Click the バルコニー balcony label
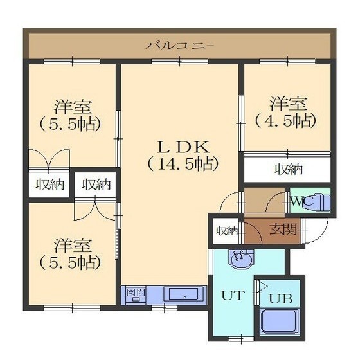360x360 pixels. point(180,46)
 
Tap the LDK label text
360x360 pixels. point(183,147)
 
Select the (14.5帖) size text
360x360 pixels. point(183,163)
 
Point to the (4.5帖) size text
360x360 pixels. point(286,120)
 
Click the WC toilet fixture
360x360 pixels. point(318,202)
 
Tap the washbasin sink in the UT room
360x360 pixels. point(241,260)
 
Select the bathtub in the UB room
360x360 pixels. point(280,321)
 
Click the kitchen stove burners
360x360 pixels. point(136,294)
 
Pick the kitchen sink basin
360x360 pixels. point(184,294)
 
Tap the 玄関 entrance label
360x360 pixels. point(283,230)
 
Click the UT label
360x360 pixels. point(232,296)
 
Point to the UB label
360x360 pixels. point(280,299)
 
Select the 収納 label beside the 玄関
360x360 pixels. point(227,231)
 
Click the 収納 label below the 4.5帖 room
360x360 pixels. point(289,170)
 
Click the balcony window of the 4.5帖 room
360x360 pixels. point(287,61)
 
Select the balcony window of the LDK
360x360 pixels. point(179,61)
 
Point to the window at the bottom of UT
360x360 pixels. point(241,339)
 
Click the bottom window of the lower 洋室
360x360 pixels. point(72,308)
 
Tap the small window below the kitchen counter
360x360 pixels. point(164,308)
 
